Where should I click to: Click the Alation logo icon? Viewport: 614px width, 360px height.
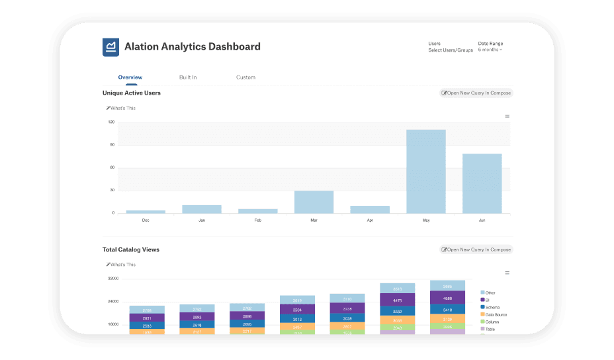pyautogui.click(x=110, y=47)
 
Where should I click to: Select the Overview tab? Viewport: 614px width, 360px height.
pyautogui.click(x=130, y=77)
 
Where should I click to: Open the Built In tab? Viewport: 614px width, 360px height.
pyautogui.click(x=188, y=77)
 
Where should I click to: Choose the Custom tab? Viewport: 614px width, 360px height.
pyautogui.click(x=245, y=77)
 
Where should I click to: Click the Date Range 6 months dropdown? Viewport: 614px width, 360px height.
pyautogui.click(x=490, y=50)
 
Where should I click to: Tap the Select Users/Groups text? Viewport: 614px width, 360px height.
pyautogui.click(x=451, y=50)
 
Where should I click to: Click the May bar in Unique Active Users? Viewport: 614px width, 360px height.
pyautogui.click(x=425, y=171)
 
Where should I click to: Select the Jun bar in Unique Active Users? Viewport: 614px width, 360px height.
pyautogui.click(x=482, y=183)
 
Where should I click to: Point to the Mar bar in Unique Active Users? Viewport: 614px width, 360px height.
pyautogui.click(x=314, y=202)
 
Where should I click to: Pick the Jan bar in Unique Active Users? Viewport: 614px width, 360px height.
pyautogui.click(x=202, y=209)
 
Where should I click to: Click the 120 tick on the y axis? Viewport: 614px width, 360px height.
pyautogui.click(x=111, y=122)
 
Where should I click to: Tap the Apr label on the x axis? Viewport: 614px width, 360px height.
pyautogui.click(x=370, y=220)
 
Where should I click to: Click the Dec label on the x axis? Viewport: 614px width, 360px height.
pyautogui.click(x=146, y=220)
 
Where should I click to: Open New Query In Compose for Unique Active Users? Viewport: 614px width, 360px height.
pyautogui.click(x=476, y=93)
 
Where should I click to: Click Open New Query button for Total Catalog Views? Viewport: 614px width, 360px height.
pyautogui.click(x=476, y=249)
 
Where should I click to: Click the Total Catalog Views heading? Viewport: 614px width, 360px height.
pyautogui.click(x=131, y=249)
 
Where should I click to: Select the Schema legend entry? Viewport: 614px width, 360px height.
pyautogui.click(x=492, y=307)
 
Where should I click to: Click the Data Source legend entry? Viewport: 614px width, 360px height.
pyautogui.click(x=496, y=314)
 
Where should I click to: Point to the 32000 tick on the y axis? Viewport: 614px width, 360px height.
pyautogui.click(x=113, y=279)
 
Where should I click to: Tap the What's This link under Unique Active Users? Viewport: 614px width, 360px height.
pyautogui.click(x=122, y=108)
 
